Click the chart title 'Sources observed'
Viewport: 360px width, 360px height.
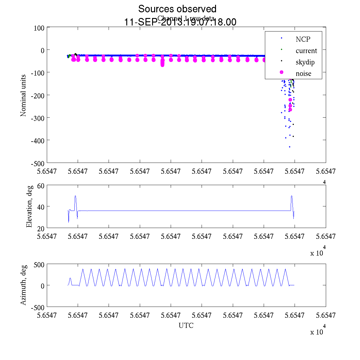point(177,9)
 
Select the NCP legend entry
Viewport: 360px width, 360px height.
point(303,39)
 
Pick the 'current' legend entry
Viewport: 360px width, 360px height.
point(306,51)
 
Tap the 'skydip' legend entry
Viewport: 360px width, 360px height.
point(305,62)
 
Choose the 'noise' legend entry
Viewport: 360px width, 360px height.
point(303,73)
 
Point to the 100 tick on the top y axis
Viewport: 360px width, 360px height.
point(39,28)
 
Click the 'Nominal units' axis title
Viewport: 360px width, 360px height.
point(23,95)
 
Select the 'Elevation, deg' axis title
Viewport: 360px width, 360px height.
point(29,206)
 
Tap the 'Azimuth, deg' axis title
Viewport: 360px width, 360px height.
point(23,285)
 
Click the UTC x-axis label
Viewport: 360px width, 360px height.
point(186,325)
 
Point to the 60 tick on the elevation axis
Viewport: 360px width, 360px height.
point(41,186)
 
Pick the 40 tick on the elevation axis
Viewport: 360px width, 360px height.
point(41,207)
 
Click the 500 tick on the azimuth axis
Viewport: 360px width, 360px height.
point(39,265)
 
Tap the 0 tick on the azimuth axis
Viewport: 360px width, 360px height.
point(43,286)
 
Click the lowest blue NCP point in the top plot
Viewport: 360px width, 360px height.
point(289,147)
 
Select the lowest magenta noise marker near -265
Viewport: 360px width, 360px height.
point(290,109)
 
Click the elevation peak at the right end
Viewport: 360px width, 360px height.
point(292,196)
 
